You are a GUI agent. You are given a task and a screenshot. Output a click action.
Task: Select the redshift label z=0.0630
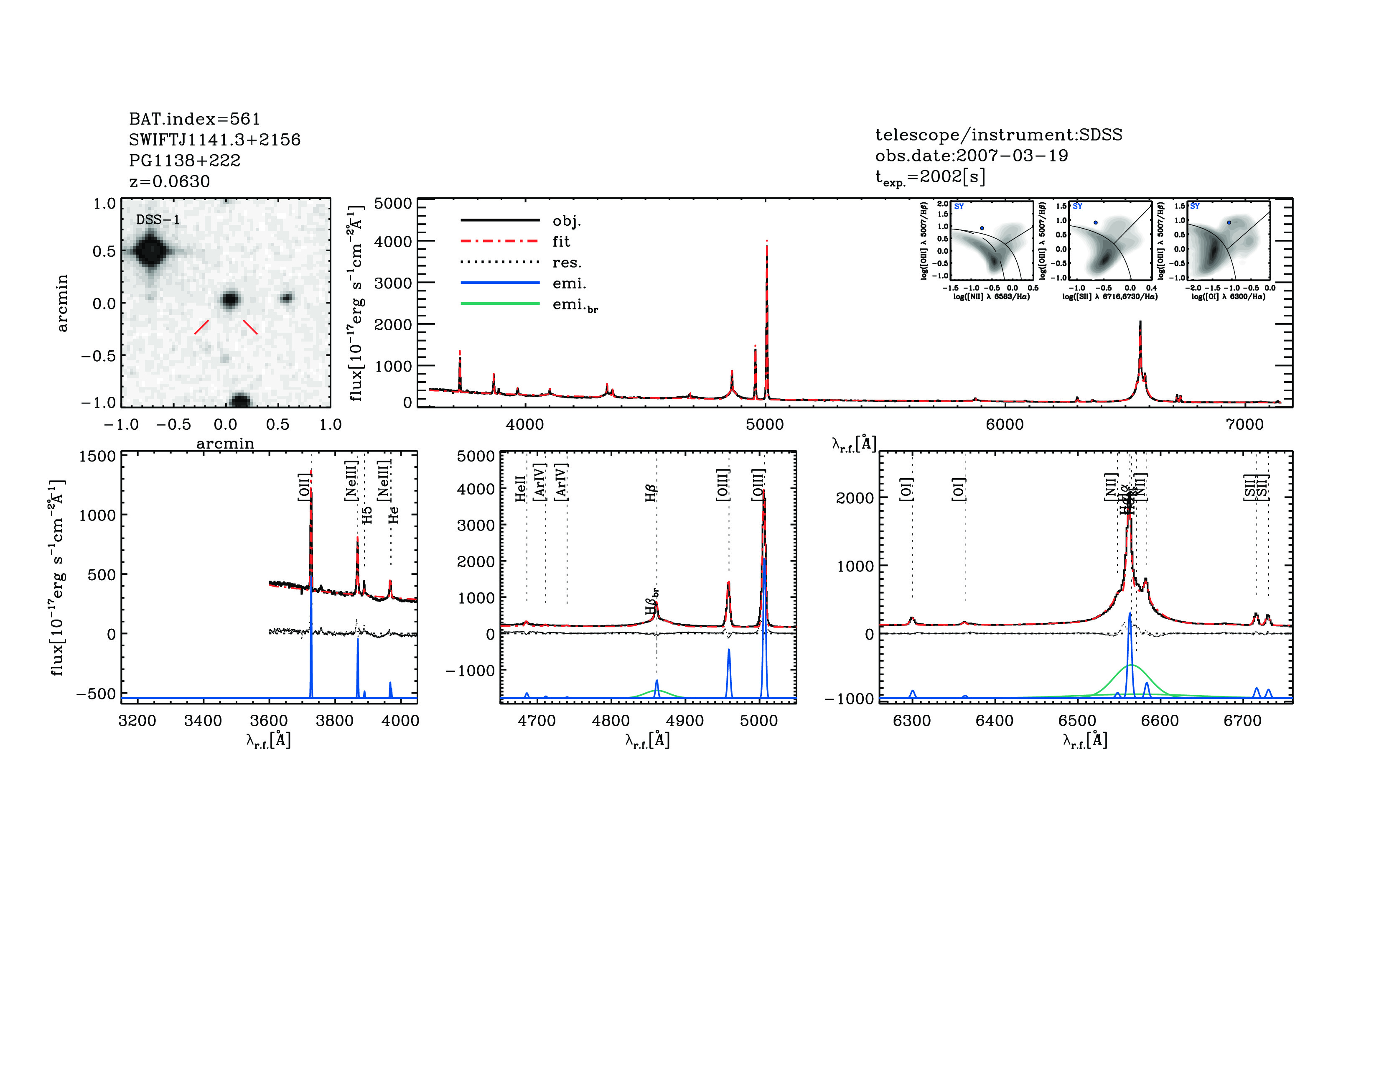(x=169, y=181)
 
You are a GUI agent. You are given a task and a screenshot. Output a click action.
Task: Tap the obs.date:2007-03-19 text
(x=971, y=156)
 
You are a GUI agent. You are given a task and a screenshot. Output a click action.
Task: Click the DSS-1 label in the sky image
(x=158, y=220)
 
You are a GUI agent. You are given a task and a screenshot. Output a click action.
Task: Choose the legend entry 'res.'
(x=566, y=262)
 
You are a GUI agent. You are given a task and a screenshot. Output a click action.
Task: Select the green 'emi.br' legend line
(x=500, y=304)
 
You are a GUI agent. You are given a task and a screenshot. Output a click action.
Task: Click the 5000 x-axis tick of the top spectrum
(x=765, y=424)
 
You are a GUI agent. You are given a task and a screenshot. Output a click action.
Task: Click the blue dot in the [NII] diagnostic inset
(x=982, y=228)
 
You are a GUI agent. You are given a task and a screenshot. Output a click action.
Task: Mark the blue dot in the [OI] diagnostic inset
(x=1229, y=222)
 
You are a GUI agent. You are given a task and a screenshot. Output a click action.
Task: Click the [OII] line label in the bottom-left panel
(x=304, y=487)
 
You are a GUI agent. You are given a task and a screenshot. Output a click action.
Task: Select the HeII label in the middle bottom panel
(x=520, y=489)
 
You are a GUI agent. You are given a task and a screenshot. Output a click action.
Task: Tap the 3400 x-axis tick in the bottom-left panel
(x=203, y=721)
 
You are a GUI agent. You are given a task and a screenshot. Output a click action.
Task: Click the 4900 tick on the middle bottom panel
(x=684, y=721)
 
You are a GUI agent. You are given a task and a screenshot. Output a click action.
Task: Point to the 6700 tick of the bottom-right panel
(x=1242, y=721)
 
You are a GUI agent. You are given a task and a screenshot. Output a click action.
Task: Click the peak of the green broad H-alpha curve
(x=1131, y=665)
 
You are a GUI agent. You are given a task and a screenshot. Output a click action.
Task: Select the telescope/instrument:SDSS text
(x=998, y=135)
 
